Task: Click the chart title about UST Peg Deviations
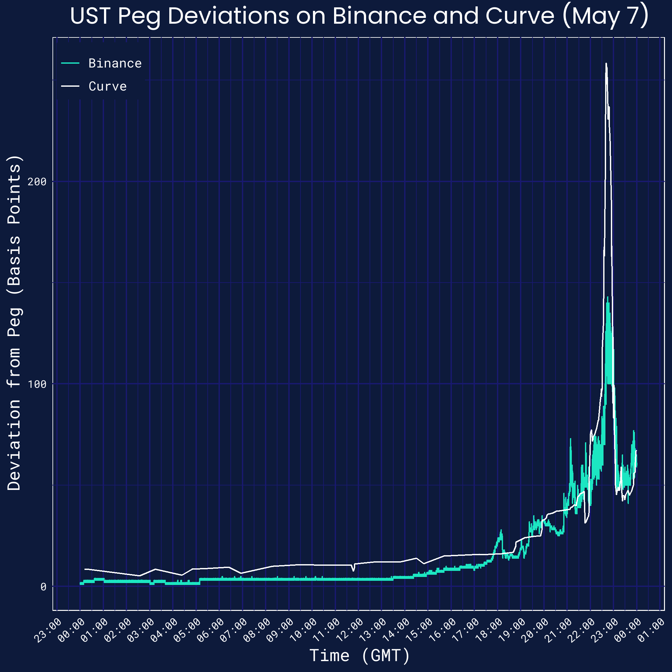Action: coord(359,16)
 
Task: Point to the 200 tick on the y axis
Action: coord(37,181)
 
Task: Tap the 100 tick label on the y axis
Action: coord(37,384)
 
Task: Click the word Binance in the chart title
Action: coord(379,16)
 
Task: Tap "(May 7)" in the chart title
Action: coord(605,16)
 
